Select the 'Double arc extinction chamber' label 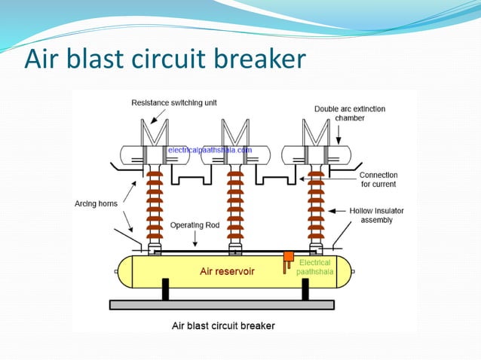click(350, 114)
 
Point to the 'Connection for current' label click(378, 179)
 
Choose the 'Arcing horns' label click(97, 202)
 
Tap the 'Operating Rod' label click(195, 224)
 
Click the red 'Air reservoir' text click(226, 271)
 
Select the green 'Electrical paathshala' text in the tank click(312, 267)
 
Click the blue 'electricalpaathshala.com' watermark click(209, 151)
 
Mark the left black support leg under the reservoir click(165, 288)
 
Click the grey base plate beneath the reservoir click(222, 304)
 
